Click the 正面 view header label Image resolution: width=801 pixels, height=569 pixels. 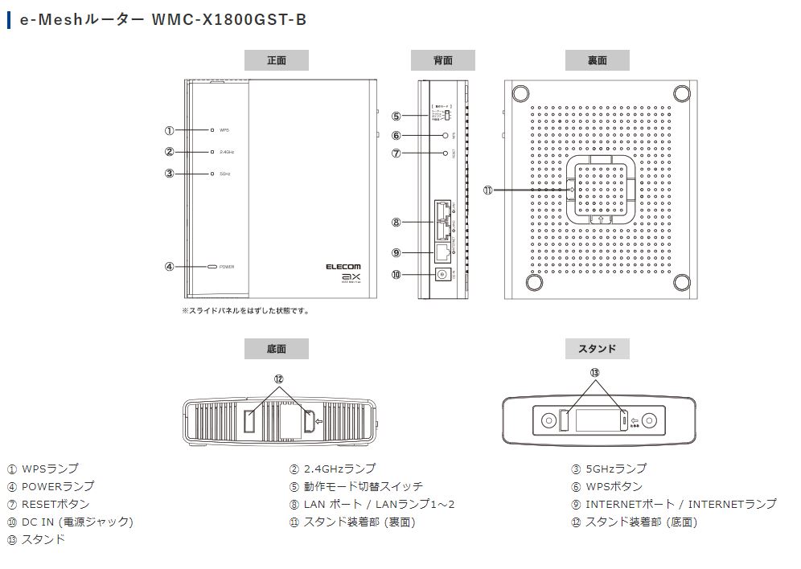tap(276, 60)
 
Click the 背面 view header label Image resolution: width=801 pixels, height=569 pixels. tap(442, 60)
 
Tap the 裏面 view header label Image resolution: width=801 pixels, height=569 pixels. tap(597, 60)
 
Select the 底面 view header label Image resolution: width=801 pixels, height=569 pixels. tap(276, 348)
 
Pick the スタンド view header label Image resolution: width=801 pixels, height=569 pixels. tap(597, 348)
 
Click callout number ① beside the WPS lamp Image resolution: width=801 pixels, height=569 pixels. tap(169, 129)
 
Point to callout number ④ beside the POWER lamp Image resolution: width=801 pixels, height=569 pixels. tap(169, 266)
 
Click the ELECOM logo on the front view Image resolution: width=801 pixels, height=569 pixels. tap(343, 267)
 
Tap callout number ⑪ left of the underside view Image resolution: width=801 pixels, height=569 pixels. tap(487, 190)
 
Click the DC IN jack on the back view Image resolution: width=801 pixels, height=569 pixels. tap(442, 274)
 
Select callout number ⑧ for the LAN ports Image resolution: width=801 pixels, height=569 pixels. tap(396, 222)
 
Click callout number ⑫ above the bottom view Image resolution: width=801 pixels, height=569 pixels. tap(278, 379)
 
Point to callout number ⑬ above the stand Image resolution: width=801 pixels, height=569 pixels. tap(594, 373)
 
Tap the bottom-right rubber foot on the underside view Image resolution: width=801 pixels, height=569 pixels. tap(681, 282)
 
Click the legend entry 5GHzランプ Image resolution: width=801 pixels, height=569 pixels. tap(615, 469)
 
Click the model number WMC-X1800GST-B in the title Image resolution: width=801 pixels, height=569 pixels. tap(229, 19)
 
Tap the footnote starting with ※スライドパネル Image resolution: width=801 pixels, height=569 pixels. tap(244, 310)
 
